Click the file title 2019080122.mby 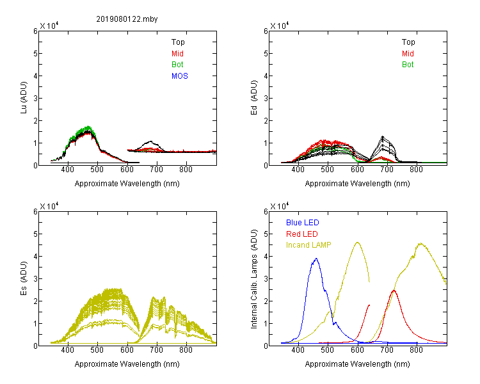click(127, 19)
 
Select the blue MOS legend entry click(180, 76)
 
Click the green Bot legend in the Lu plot click(177, 65)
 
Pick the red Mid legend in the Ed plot click(408, 54)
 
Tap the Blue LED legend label click(303, 223)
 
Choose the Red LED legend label click(302, 234)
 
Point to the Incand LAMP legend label click(308, 245)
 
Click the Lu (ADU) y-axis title click(24, 98)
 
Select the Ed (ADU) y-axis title click(254, 98)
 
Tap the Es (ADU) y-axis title click(24, 278)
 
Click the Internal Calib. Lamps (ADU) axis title click(254, 279)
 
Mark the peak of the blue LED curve click(316, 259)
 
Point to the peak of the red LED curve click(394, 290)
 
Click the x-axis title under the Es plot click(127, 364)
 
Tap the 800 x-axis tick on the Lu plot click(186, 170)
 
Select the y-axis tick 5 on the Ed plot click(266, 54)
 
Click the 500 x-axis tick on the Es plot click(97, 349)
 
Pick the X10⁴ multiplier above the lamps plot click(280, 206)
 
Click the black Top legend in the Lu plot click(178, 42)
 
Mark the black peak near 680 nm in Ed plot click(382, 136)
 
